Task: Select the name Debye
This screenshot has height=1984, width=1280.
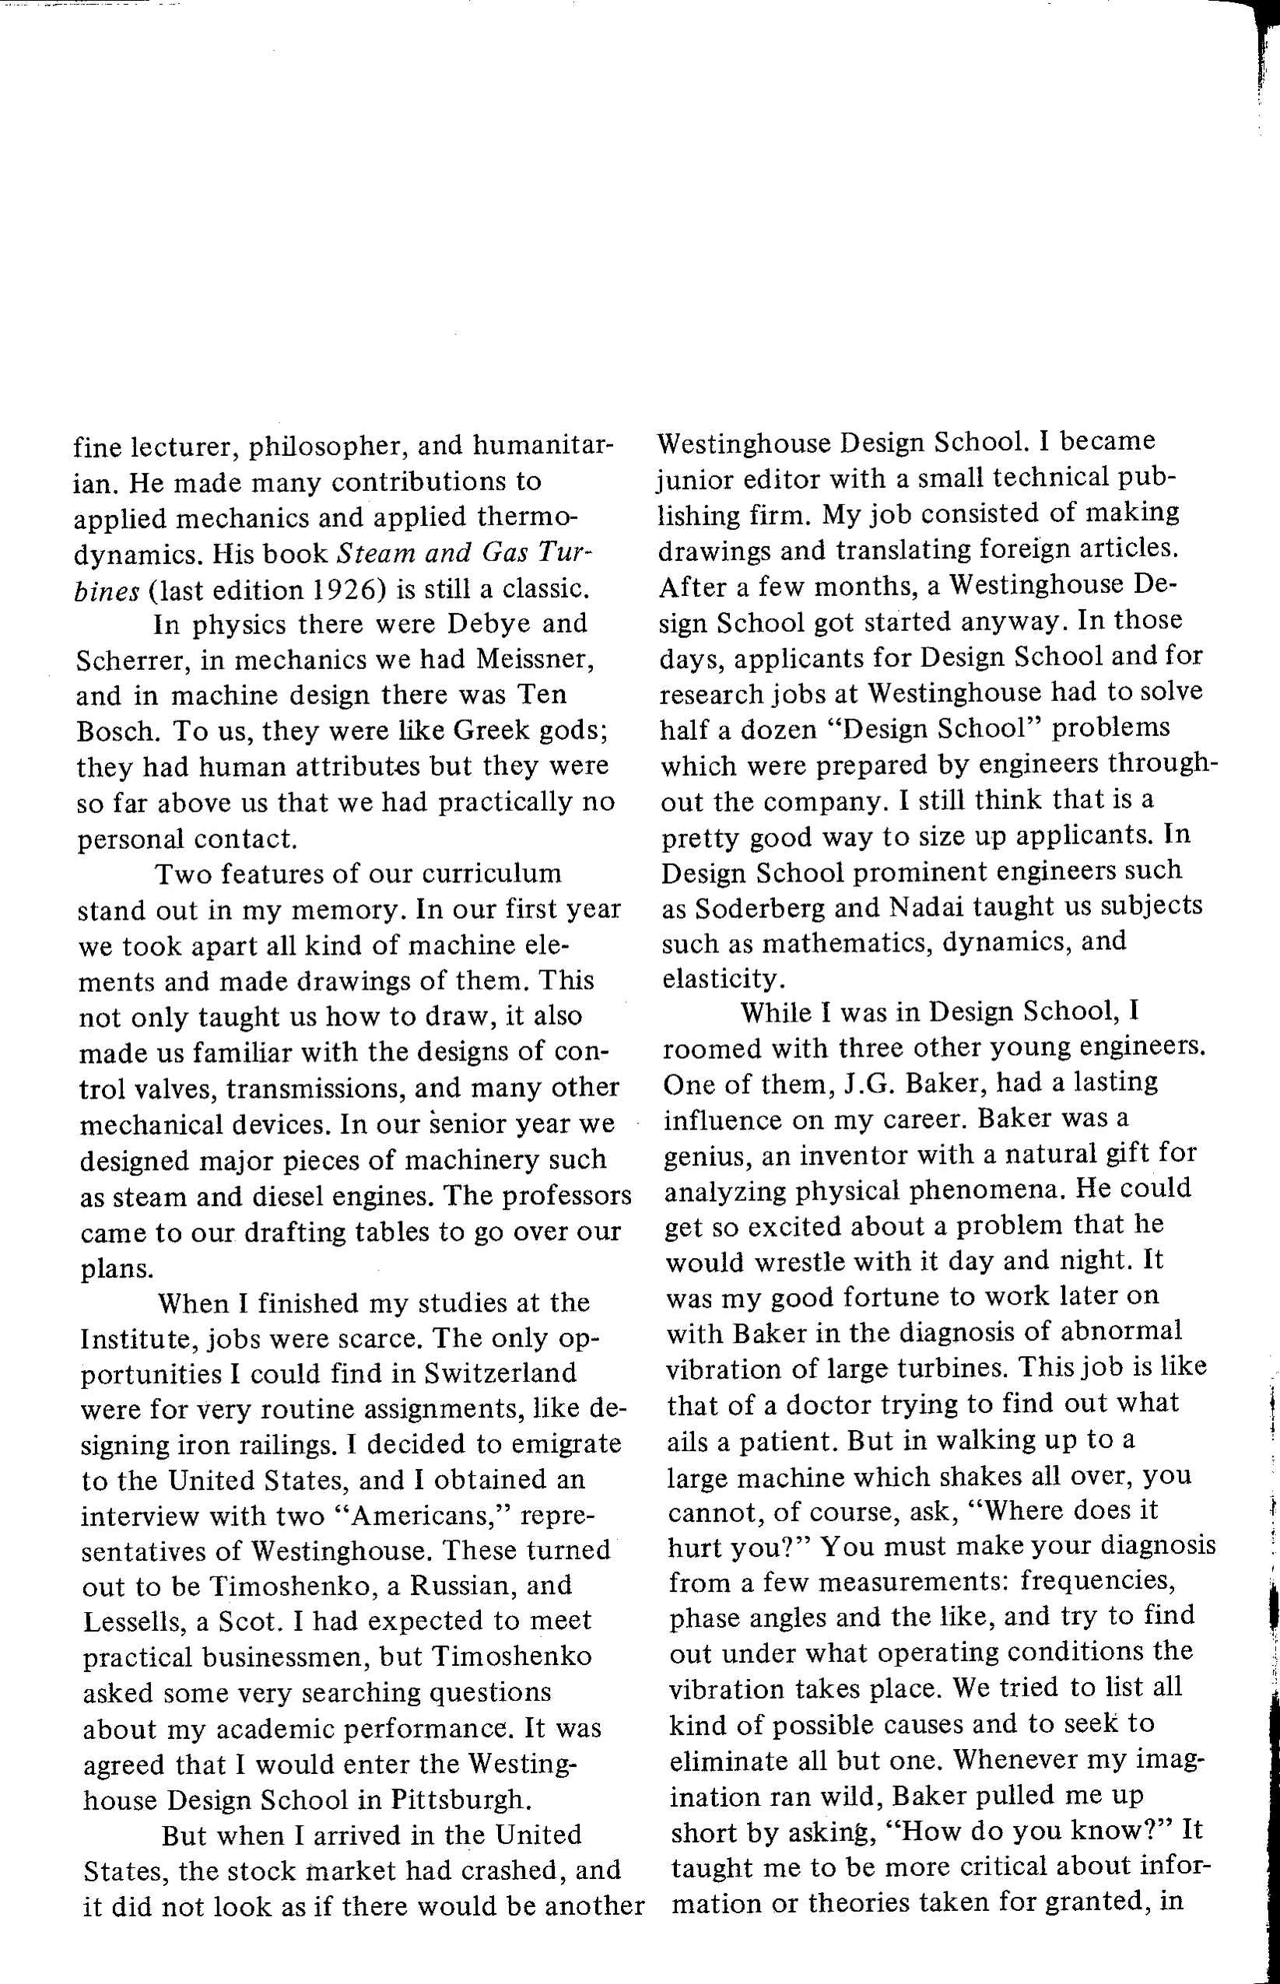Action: pyautogui.click(x=489, y=623)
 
